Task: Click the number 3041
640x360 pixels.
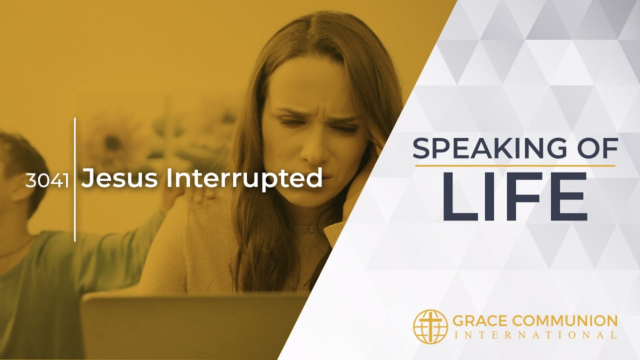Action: pyautogui.click(x=46, y=180)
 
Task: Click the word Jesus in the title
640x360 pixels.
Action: pyautogui.click(x=121, y=178)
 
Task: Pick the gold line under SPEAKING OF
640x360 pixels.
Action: pyautogui.click(x=515, y=165)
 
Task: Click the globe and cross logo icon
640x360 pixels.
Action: pyautogui.click(x=430, y=326)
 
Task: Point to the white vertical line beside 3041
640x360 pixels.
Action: pyautogui.click(x=75, y=180)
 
